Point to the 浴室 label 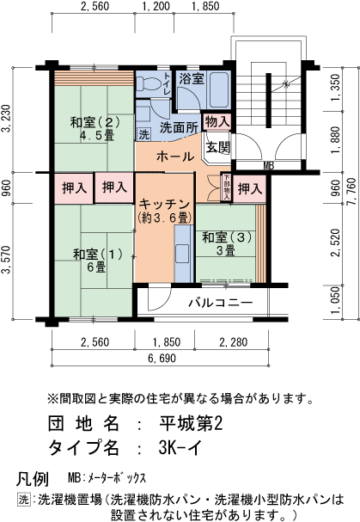click(191, 79)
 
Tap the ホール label click(174, 157)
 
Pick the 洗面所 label click(180, 127)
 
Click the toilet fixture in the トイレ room click(143, 84)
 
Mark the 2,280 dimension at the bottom click(233, 343)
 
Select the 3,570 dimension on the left click(7, 257)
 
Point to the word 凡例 click(33, 478)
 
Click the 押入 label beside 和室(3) click(250, 188)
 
